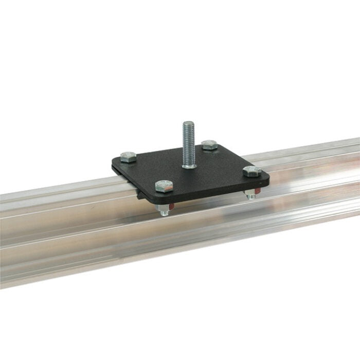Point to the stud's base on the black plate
point(189,166)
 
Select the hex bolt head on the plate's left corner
point(129,157)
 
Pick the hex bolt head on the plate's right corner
point(252,172)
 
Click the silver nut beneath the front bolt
point(164,208)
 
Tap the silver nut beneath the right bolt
point(250,194)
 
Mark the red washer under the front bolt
point(172,206)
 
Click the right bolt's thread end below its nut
point(250,199)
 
